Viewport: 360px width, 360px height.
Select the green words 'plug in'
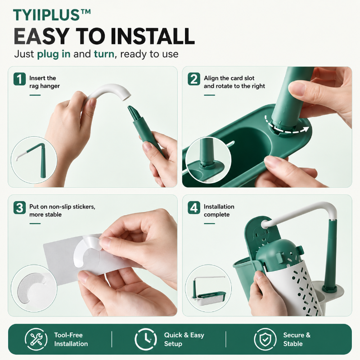point(54,54)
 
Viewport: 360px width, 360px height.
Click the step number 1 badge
point(19,79)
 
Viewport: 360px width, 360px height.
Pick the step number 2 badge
point(194,79)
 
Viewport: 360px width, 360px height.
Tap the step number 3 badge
point(19,207)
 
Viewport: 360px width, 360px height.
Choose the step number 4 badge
point(194,207)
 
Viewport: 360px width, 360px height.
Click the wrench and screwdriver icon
point(36,339)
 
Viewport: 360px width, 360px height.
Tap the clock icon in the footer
point(146,339)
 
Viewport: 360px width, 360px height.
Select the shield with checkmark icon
point(265,339)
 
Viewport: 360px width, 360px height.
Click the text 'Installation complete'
point(219,211)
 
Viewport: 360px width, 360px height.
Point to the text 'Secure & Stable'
point(297,339)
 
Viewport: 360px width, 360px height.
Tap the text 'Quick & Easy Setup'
point(184,339)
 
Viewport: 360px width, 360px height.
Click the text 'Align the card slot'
point(229,78)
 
